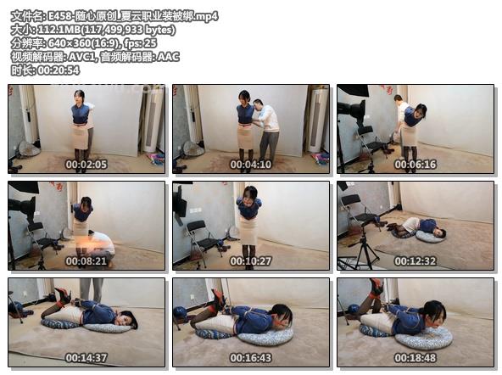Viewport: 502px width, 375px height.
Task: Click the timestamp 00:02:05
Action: pyautogui.click(x=86, y=165)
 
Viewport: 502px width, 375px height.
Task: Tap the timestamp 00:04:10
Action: pyautogui.click(x=251, y=165)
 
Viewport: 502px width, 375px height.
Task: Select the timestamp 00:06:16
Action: pyautogui.click(x=416, y=165)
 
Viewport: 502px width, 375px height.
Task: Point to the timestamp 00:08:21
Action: pyautogui.click(x=86, y=261)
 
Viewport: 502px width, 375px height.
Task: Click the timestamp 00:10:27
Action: pyautogui.click(x=251, y=261)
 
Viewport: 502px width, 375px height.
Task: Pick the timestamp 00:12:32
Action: pyautogui.click(x=416, y=261)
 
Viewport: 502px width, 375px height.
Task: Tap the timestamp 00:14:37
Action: pyautogui.click(x=86, y=358)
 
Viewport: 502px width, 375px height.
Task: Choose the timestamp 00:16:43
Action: pyautogui.click(x=251, y=358)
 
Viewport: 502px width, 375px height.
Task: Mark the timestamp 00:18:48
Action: pyautogui.click(x=416, y=358)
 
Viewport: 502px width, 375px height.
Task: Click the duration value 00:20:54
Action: pyautogui.click(x=59, y=70)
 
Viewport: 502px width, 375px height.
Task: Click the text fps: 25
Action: pyautogui.click(x=140, y=43)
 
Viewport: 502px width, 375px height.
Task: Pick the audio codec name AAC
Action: pyautogui.click(x=168, y=57)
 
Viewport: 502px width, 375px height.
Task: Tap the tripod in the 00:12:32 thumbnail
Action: pyautogui.click(x=364, y=249)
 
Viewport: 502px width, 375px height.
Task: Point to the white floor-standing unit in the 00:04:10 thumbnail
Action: pyautogui.click(x=317, y=121)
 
